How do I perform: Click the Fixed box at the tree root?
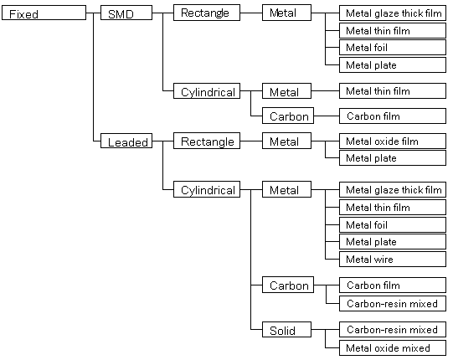point(44,13)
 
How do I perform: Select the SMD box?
point(126,13)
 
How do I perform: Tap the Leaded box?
point(126,141)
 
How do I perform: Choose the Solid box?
point(286,329)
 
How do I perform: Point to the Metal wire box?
point(393,260)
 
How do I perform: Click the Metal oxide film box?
point(393,141)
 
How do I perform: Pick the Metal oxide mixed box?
point(393,348)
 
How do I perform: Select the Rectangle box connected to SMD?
point(207,13)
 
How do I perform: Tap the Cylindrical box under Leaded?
point(207,189)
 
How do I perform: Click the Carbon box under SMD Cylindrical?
point(288,116)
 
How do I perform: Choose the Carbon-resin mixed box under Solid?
point(393,329)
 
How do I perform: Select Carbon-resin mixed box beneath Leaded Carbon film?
point(393,303)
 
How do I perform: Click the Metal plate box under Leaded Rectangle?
point(393,157)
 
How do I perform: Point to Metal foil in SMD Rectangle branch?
point(393,48)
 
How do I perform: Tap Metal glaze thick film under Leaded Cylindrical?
point(393,190)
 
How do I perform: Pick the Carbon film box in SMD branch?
point(393,116)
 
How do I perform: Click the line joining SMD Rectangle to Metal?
point(251,13)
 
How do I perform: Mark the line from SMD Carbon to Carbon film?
point(327,116)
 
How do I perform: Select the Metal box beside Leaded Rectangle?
point(286,141)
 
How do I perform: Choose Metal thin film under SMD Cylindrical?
point(393,90)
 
